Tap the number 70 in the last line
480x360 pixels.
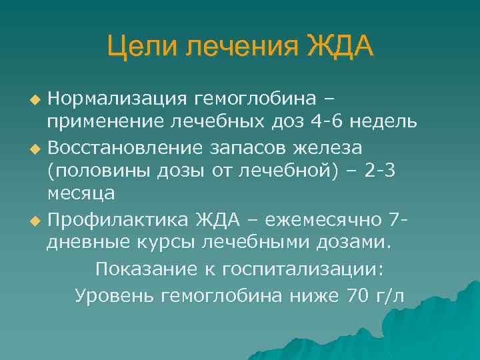pos(353,295)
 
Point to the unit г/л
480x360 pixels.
pos(388,295)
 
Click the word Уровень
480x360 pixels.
pos(114,295)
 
